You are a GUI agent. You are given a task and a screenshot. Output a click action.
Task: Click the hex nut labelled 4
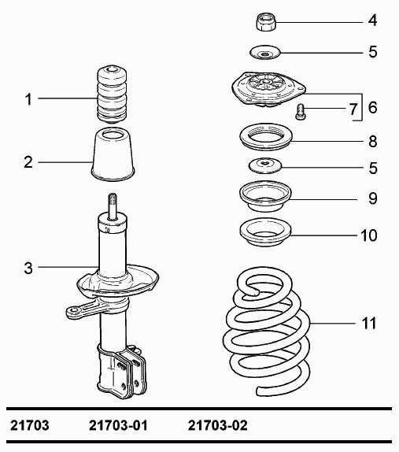click(x=267, y=21)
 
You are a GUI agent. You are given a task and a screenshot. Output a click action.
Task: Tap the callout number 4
click(x=373, y=20)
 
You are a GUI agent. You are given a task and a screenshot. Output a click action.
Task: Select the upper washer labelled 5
click(x=264, y=53)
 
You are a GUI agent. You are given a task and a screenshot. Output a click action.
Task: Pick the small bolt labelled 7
click(x=300, y=112)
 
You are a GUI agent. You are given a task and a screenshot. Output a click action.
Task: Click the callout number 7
click(x=353, y=109)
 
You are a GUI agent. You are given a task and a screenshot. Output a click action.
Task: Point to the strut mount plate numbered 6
click(x=268, y=90)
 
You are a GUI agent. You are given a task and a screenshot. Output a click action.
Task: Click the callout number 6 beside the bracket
click(x=372, y=108)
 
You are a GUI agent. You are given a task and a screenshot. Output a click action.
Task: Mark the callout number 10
click(x=368, y=235)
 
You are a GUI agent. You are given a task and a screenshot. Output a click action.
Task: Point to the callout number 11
click(x=369, y=323)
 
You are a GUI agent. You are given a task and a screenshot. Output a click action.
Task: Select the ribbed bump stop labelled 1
click(x=112, y=94)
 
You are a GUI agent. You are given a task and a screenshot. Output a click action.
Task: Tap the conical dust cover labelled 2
click(x=113, y=156)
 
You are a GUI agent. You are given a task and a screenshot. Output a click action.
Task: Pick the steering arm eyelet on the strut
click(x=74, y=311)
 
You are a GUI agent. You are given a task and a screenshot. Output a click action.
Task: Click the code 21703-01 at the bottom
click(x=118, y=425)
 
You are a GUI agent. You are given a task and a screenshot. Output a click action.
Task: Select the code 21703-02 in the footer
click(x=217, y=425)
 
